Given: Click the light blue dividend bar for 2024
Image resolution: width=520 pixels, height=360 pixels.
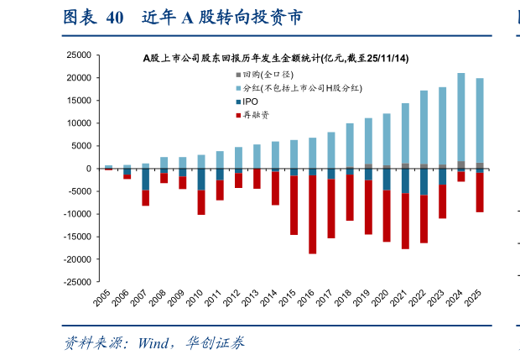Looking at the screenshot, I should [x=461, y=117].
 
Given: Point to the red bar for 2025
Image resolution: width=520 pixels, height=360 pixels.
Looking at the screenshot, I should [x=480, y=192].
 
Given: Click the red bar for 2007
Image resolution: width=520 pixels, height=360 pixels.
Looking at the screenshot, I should [x=145, y=198].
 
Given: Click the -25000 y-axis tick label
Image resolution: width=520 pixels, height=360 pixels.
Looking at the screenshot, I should [x=77, y=283].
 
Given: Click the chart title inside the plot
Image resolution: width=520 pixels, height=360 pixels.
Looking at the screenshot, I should [x=276, y=59].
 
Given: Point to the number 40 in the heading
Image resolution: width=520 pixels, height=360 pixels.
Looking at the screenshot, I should [x=117, y=18].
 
